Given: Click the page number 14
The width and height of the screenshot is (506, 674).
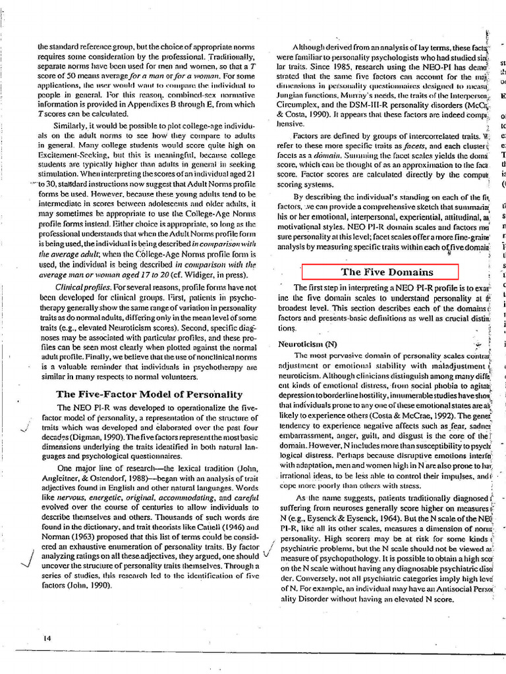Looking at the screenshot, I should (47, 638).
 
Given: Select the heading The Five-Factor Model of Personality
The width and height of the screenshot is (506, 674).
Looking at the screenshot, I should (149, 394).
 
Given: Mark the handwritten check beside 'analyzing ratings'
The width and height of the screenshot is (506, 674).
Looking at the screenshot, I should (27, 557).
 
